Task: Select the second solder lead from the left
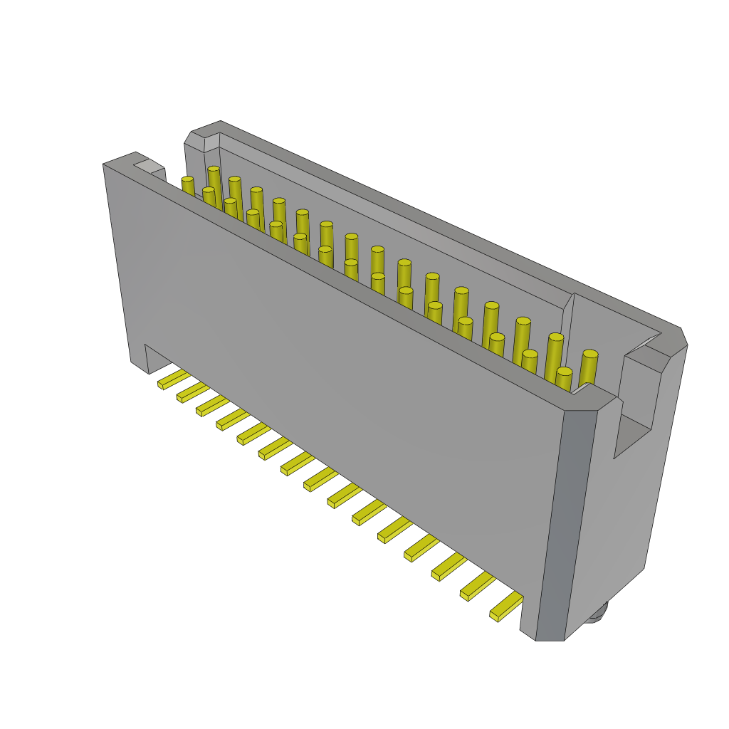(x=192, y=392)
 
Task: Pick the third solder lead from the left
(x=212, y=406)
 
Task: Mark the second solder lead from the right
(x=477, y=586)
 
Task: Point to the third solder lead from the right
(x=449, y=567)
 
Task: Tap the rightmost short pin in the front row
(x=564, y=379)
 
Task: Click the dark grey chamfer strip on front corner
(x=567, y=523)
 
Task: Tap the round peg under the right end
(x=597, y=614)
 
